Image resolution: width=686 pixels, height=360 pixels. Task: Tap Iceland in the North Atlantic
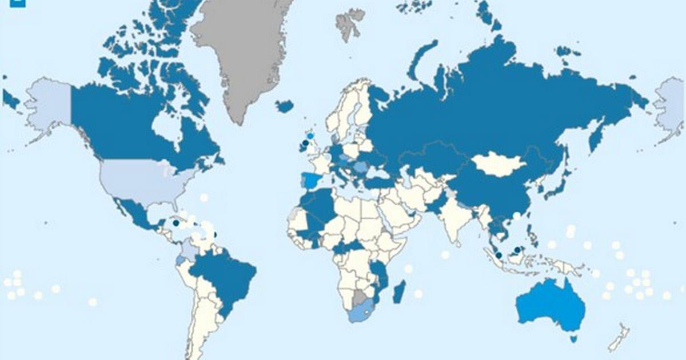284,106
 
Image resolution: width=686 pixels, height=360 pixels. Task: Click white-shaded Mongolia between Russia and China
499,164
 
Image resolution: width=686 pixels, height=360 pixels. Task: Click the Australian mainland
552,306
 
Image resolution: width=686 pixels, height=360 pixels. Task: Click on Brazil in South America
226,280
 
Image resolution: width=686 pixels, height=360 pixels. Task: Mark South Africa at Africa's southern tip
361,311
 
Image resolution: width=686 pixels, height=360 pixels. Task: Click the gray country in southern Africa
359,297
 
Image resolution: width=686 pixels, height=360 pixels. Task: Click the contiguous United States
143,180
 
